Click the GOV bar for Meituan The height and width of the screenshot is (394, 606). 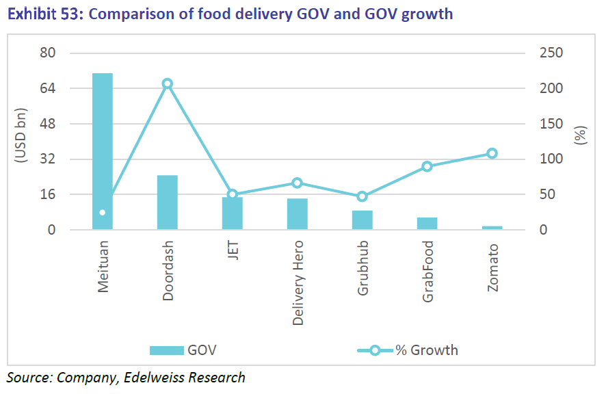tap(103, 150)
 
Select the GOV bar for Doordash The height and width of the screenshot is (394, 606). tap(168, 202)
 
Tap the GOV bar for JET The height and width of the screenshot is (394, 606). tap(233, 213)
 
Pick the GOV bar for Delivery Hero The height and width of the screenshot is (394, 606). tap(298, 213)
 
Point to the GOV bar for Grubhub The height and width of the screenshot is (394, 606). tap(363, 220)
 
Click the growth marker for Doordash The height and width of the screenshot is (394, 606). tap(168, 83)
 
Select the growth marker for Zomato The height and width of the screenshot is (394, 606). tap(492, 154)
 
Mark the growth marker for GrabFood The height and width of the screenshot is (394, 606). tap(427, 166)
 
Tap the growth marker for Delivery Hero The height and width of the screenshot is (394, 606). tap(298, 183)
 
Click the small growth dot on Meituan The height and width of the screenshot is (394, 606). tap(103, 213)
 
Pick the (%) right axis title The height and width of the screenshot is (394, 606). tap(581, 135)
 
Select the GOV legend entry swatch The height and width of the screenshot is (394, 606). tap(167, 350)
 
